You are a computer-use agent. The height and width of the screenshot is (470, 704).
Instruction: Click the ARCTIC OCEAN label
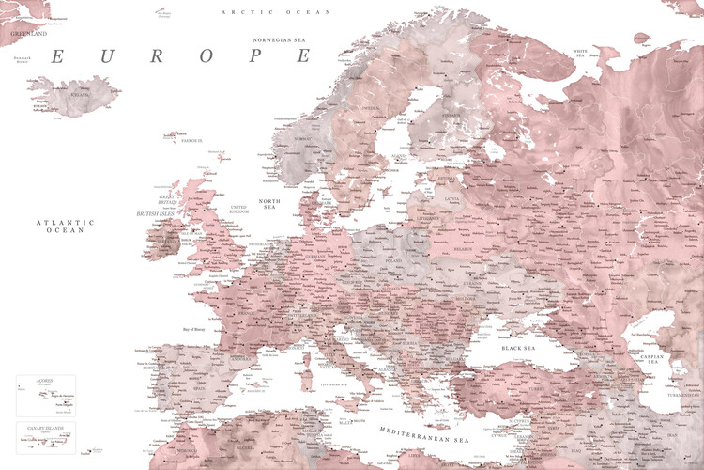click(264, 11)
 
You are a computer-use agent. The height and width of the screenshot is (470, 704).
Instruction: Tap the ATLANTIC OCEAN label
click(65, 226)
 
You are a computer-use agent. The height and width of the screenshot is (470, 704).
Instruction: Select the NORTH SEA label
click(269, 206)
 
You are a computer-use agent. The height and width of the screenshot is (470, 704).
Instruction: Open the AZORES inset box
click(46, 395)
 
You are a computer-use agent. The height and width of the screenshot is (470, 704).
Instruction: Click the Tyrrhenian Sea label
click(334, 384)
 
